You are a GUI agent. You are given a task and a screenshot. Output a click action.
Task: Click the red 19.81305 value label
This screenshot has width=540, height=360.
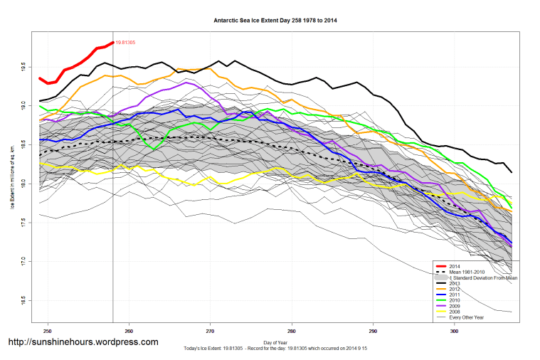point(126,43)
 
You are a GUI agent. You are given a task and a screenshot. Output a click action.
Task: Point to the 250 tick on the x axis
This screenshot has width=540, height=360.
point(48,331)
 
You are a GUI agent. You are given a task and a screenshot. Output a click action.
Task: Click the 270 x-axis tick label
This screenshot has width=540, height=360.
point(210,331)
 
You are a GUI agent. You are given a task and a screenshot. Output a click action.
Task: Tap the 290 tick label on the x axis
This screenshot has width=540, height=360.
point(373,331)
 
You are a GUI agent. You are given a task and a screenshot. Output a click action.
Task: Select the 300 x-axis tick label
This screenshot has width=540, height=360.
point(454,331)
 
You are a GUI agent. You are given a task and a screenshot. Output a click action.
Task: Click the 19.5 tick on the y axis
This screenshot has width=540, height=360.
point(23,67)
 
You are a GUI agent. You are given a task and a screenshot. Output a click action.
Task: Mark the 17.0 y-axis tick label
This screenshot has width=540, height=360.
point(23,260)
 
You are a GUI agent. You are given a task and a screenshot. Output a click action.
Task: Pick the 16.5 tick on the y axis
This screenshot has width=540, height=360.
point(23,300)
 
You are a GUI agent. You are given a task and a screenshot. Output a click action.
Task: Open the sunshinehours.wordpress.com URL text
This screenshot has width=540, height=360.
point(83,342)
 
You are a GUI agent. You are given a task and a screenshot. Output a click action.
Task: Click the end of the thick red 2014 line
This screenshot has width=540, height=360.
point(113,42)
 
